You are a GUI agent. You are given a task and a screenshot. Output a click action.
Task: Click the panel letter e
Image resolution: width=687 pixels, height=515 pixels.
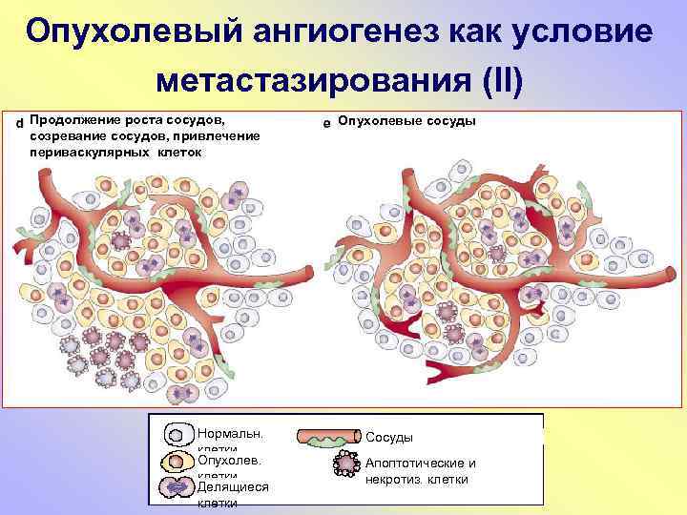[326, 123]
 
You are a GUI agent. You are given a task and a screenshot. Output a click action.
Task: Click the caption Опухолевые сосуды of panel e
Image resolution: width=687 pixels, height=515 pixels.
[407, 121]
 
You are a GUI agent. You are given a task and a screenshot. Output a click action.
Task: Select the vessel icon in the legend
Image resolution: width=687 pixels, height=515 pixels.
[327, 437]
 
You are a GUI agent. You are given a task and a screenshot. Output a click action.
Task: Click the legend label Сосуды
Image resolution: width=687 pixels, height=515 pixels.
[389, 437]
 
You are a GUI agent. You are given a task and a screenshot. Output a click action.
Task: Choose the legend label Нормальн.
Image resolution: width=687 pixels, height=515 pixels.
[230, 432]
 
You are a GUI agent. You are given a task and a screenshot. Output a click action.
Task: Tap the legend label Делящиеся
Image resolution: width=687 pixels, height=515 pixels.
[233, 486]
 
